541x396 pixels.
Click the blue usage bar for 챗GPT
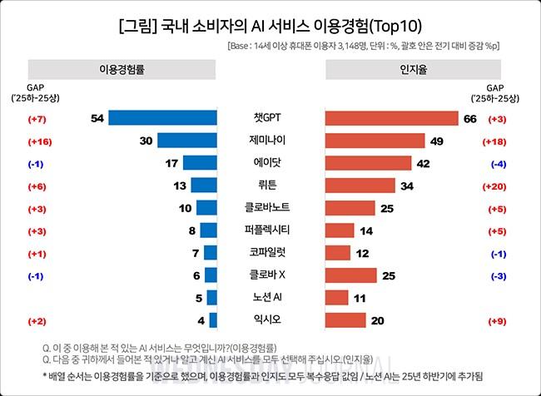pyautogui.click(x=162, y=118)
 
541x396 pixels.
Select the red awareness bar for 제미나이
pyautogui.click(x=375, y=141)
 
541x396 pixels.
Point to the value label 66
pyautogui.click(x=469, y=119)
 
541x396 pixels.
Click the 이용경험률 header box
pyautogui.click(x=122, y=69)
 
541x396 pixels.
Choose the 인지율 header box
pyautogui.click(x=413, y=69)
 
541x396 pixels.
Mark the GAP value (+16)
pyautogui.click(x=40, y=141)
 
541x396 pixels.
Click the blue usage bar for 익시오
pyautogui.click(x=213, y=320)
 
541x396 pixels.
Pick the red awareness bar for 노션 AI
pyautogui.click(x=336, y=298)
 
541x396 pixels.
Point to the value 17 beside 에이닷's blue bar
pyautogui.click(x=171, y=164)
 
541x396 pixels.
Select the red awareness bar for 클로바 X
pyautogui.click(x=350, y=275)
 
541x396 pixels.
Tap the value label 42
pyautogui.click(x=423, y=164)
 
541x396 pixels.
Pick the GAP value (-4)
pyautogui.click(x=500, y=164)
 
